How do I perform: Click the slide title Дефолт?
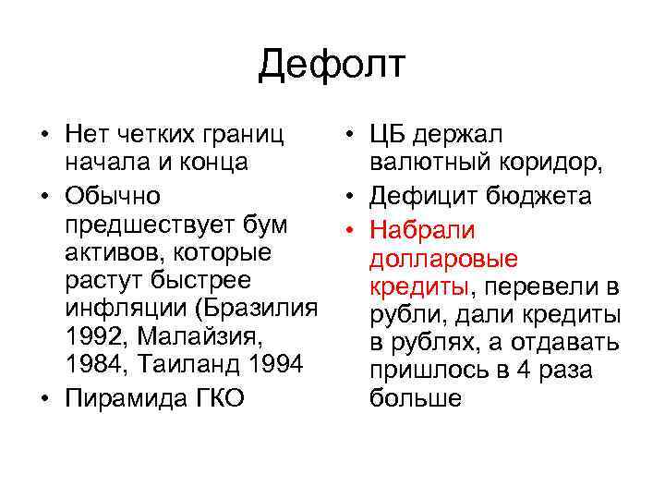[x=332, y=65]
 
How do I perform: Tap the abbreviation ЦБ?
[x=388, y=136]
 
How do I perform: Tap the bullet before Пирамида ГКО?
[x=45, y=400]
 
